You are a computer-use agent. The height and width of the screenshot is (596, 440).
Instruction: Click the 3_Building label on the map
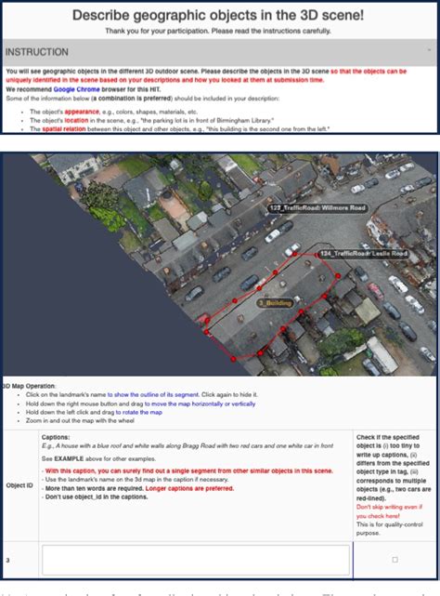point(275,302)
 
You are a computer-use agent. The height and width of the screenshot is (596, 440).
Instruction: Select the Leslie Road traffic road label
point(363,253)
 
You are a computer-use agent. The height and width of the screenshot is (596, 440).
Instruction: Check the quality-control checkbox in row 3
point(395,559)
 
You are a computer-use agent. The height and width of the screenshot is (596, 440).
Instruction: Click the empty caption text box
point(196,559)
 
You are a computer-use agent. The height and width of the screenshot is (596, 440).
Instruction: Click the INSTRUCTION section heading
point(37,52)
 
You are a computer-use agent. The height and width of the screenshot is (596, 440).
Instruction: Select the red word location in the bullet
point(80,120)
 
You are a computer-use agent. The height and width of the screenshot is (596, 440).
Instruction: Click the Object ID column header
point(19,484)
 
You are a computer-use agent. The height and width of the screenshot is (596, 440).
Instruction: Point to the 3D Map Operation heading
point(29,384)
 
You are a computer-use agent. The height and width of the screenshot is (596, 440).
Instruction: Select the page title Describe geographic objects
point(219,15)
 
